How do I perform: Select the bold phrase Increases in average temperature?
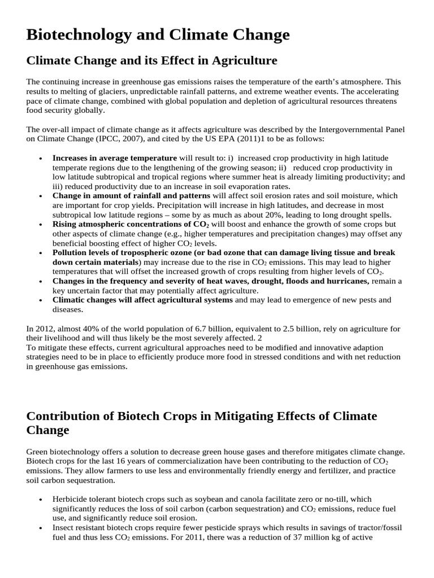115,157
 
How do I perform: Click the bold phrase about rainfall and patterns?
132,196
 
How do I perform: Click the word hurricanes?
345,281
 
